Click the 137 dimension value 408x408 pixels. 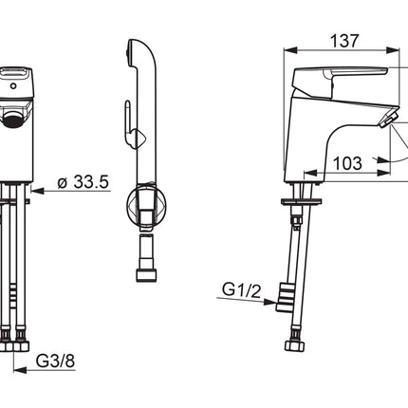[344, 41]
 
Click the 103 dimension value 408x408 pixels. [347, 163]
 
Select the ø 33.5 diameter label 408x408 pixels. [83, 182]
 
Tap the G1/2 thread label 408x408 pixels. [241, 290]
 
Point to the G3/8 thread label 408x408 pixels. [55, 361]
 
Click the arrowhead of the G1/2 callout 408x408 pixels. [269, 302]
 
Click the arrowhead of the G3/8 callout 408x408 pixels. [20, 370]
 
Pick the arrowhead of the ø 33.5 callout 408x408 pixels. [37, 191]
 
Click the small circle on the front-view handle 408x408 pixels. [13, 85]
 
